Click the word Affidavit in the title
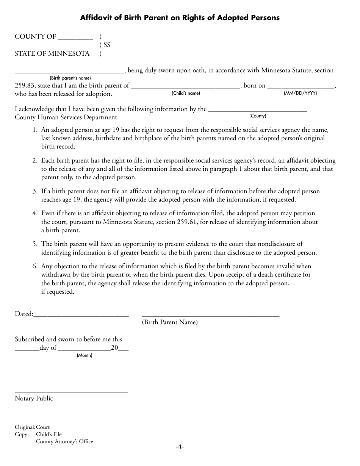tap(95, 17)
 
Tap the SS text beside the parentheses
tap(107, 45)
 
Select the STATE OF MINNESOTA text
tap(52, 53)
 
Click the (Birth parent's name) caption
tap(70, 78)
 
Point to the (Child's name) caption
tap(186, 93)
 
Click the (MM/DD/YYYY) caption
tap(301, 93)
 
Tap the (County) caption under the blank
tap(258, 116)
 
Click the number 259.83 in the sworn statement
tap(23, 86)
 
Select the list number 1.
tap(34, 130)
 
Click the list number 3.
tap(34, 191)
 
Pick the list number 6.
tap(34, 266)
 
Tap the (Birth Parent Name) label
tap(170, 322)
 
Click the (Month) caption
tap(85, 355)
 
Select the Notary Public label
tap(34, 399)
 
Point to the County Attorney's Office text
tap(64, 441)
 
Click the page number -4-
tap(180, 447)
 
